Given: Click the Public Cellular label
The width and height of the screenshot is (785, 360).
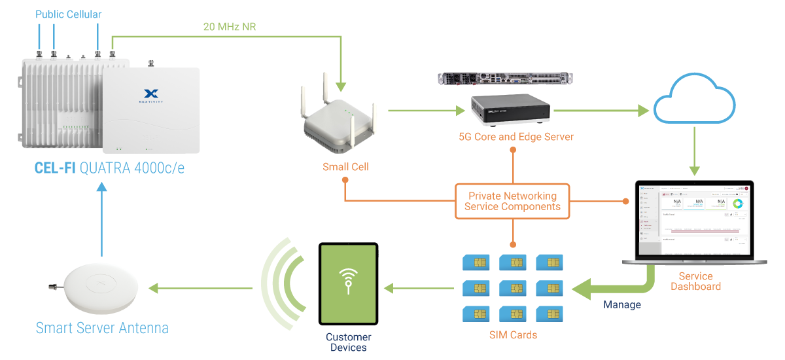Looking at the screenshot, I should (x=69, y=14).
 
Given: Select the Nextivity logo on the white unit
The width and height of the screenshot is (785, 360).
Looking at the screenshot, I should (x=150, y=96).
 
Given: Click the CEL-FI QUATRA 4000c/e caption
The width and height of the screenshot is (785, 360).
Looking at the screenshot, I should (x=109, y=168).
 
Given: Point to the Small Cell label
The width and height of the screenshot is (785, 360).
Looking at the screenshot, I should (x=345, y=167).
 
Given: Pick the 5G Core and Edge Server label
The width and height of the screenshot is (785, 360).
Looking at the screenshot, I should (x=516, y=137).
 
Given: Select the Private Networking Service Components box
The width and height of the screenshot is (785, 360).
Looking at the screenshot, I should (x=512, y=201).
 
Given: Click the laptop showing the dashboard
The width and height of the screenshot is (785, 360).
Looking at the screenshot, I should (x=695, y=223).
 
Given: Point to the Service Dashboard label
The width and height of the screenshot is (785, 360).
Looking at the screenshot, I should (x=695, y=281).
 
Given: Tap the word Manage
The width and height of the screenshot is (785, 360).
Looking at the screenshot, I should (x=622, y=304).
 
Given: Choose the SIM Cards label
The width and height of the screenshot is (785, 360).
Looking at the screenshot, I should (x=514, y=335).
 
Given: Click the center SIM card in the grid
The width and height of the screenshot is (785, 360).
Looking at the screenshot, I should (x=513, y=287).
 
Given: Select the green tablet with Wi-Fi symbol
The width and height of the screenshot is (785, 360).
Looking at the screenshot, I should (x=348, y=283).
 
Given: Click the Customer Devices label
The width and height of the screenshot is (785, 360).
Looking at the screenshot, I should (x=349, y=342).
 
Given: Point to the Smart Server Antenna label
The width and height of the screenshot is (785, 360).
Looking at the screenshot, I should (x=102, y=328).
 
